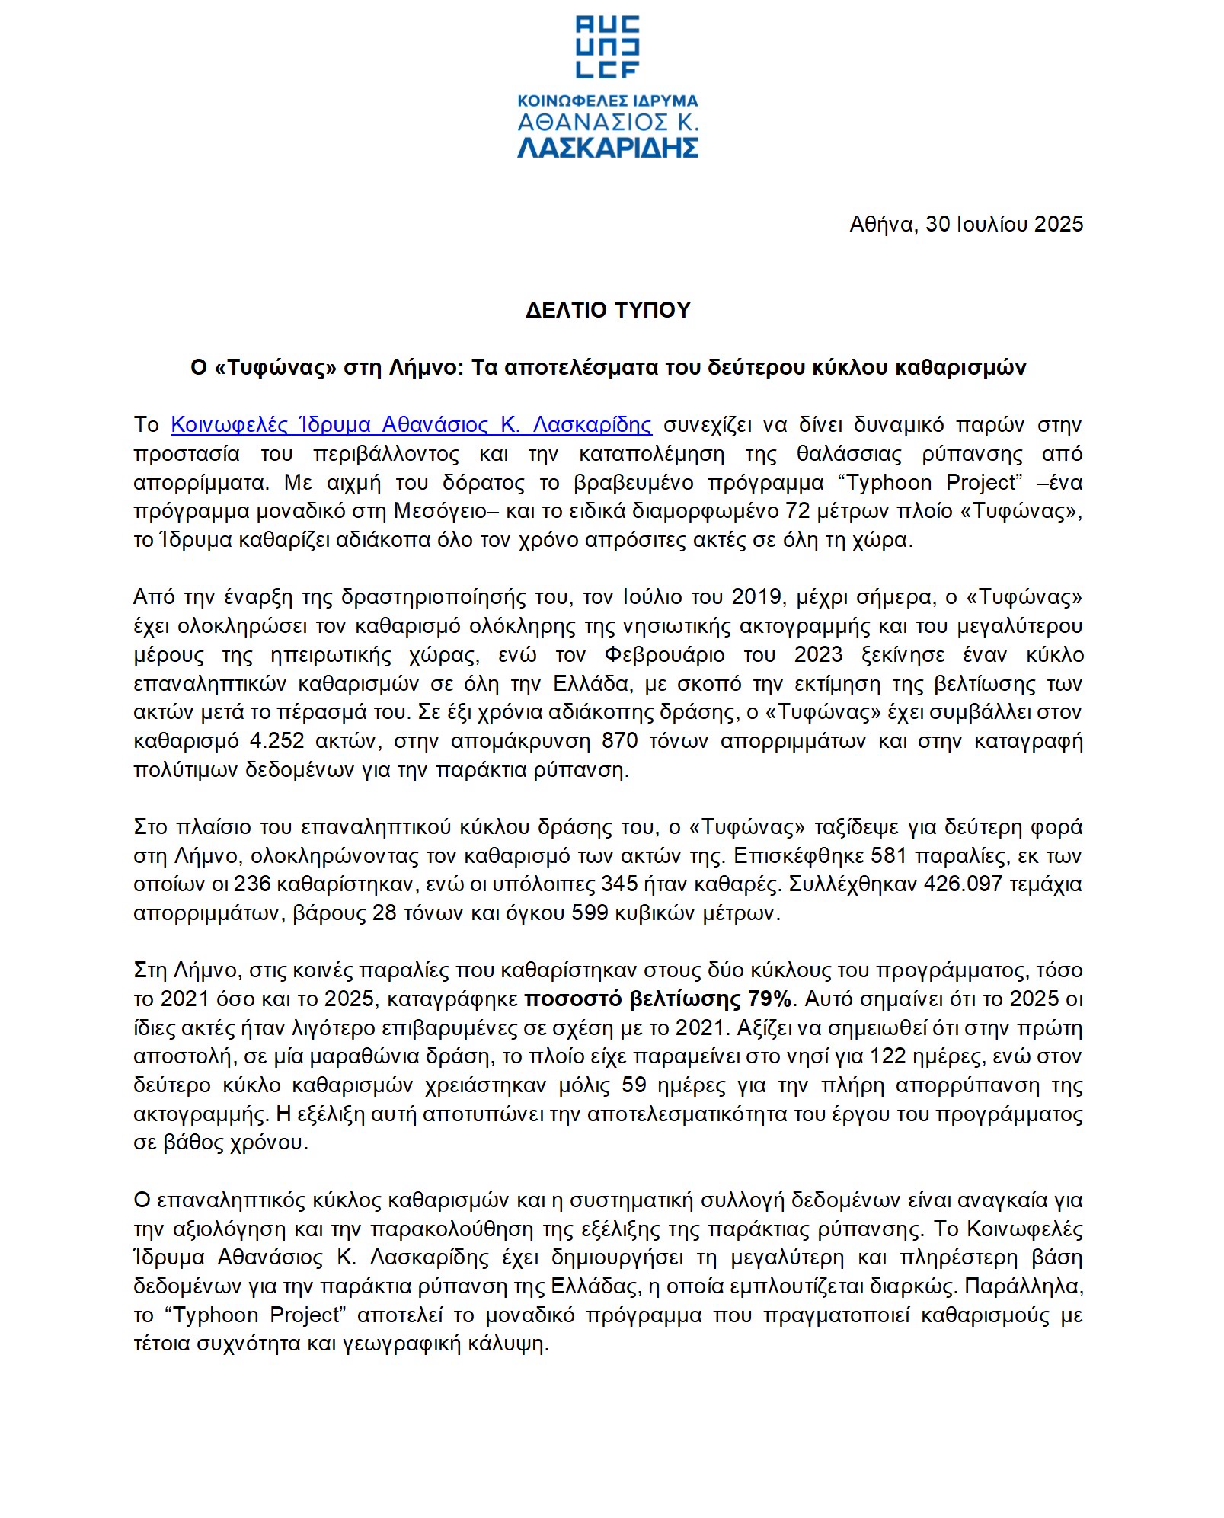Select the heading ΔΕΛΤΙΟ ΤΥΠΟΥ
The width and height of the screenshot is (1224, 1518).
coord(608,310)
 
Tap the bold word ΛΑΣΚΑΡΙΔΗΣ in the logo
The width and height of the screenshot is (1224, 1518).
coord(608,146)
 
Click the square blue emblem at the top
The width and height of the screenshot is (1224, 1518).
coord(608,46)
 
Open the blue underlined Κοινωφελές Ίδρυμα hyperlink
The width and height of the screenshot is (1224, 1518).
coord(411,424)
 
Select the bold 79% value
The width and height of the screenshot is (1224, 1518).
coord(772,999)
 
